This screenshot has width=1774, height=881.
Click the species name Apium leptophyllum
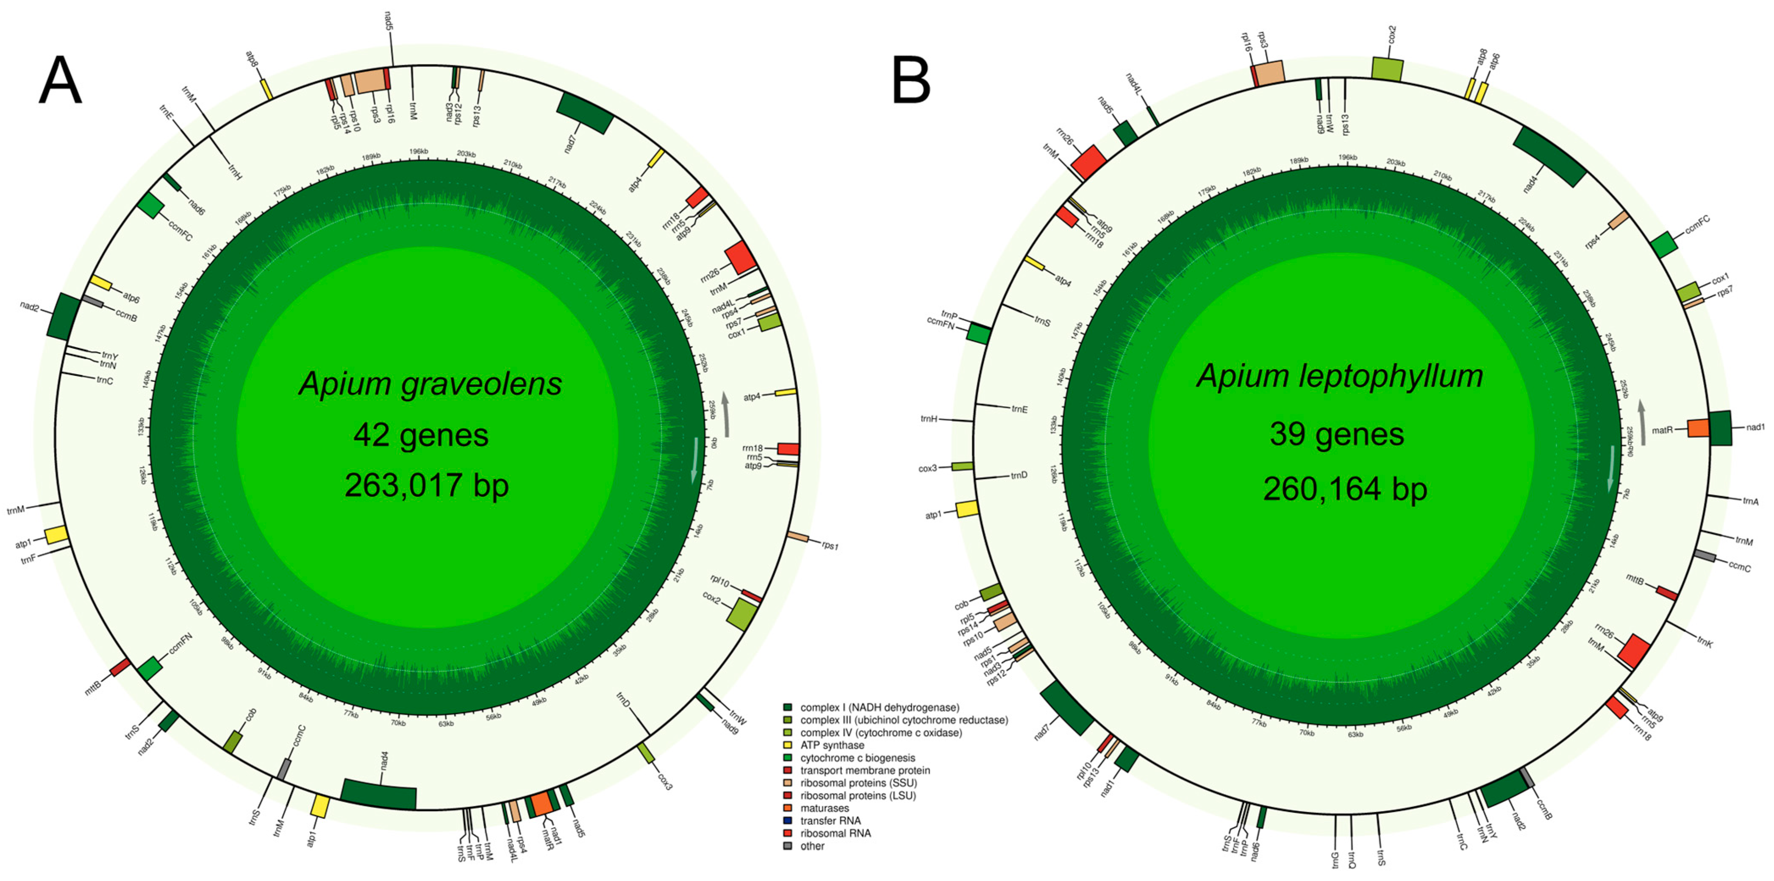click(x=1339, y=376)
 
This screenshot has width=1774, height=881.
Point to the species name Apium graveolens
click(x=430, y=384)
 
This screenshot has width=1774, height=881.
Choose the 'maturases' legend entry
click(x=825, y=808)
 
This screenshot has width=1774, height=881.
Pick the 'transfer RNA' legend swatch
click(x=788, y=821)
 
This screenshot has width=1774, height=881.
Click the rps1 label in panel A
click(x=830, y=545)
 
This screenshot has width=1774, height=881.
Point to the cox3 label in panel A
click(x=664, y=782)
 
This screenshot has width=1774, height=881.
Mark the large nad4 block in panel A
click(x=379, y=794)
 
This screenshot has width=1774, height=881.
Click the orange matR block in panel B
click(x=1698, y=428)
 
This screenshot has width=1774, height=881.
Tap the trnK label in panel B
click(x=1705, y=642)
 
